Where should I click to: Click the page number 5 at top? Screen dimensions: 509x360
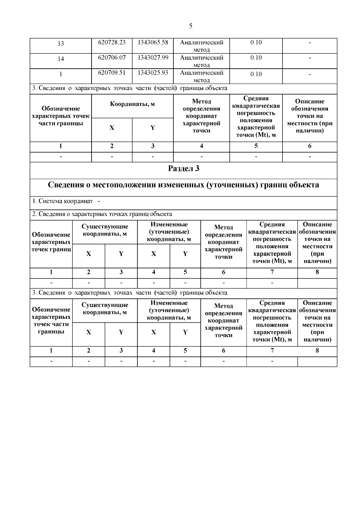point(191,26)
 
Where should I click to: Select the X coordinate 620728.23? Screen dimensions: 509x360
point(112,42)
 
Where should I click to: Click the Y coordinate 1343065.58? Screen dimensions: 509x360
point(153,42)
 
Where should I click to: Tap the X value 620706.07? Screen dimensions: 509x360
point(112,58)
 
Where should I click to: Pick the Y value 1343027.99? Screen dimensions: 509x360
point(153,58)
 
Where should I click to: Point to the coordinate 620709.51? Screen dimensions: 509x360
point(112,73)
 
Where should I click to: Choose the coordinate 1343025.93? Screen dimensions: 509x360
point(153,73)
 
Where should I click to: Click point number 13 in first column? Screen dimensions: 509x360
point(61,44)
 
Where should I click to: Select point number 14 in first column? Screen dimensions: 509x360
point(61,59)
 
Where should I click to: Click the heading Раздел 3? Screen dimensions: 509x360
point(183,169)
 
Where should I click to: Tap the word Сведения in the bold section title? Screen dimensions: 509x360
point(66,185)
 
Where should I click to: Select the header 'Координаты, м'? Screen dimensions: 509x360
point(132,104)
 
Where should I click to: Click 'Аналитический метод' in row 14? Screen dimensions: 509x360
point(201,61)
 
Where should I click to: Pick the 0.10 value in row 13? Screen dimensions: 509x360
point(256,42)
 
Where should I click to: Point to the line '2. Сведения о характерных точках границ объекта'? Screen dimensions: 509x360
point(102,214)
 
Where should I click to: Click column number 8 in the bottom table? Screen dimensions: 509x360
point(317,351)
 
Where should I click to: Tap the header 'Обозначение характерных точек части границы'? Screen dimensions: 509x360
point(61,116)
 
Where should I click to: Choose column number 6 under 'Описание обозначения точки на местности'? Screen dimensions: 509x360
point(310,146)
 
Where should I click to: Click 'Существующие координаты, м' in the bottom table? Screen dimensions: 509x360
point(105,309)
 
